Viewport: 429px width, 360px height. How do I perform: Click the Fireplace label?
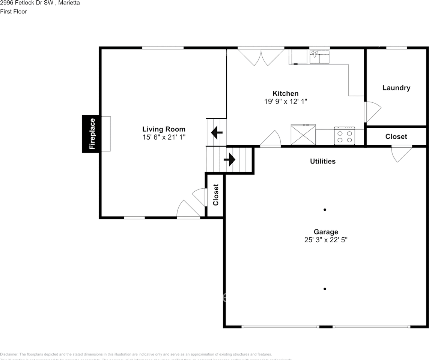pyautogui.click(x=92, y=134)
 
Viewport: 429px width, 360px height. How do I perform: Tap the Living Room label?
pyautogui.click(x=164, y=129)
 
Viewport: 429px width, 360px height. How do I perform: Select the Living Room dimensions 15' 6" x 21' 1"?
pyautogui.click(x=164, y=138)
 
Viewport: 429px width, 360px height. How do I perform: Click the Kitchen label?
pyautogui.click(x=285, y=93)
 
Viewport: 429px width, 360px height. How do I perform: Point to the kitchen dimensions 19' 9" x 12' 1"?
pyautogui.click(x=285, y=102)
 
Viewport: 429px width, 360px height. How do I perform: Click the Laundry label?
pyautogui.click(x=396, y=88)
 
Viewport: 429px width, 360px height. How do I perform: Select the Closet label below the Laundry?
pyautogui.click(x=396, y=136)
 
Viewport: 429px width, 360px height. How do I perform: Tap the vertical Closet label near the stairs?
pyautogui.click(x=215, y=195)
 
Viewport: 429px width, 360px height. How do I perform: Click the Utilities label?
pyautogui.click(x=322, y=161)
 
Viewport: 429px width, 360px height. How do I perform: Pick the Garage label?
pyautogui.click(x=326, y=232)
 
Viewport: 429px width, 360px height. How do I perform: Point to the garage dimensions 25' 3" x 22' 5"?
pyautogui.click(x=326, y=240)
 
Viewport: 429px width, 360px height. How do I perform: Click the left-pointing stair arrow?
pyautogui.click(x=217, y=132)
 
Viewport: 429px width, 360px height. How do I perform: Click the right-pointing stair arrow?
pyautogui.click(x=229, y=160)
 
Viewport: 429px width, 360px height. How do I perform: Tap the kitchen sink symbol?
pyautogui.click(x=319, y=57)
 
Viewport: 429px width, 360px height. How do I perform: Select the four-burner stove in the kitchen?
pyautogui.click(x=345, y=136)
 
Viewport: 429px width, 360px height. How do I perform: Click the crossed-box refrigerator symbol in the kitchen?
pyautogui.click(x=303, y=135)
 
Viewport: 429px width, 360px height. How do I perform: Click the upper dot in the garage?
pyautogui.click(x=325, y=210)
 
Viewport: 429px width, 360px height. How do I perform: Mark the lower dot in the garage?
pyautogui.click(x=325, y=289)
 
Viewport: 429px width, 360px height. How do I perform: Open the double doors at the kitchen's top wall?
pyautogui.click(x=261, y=56)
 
